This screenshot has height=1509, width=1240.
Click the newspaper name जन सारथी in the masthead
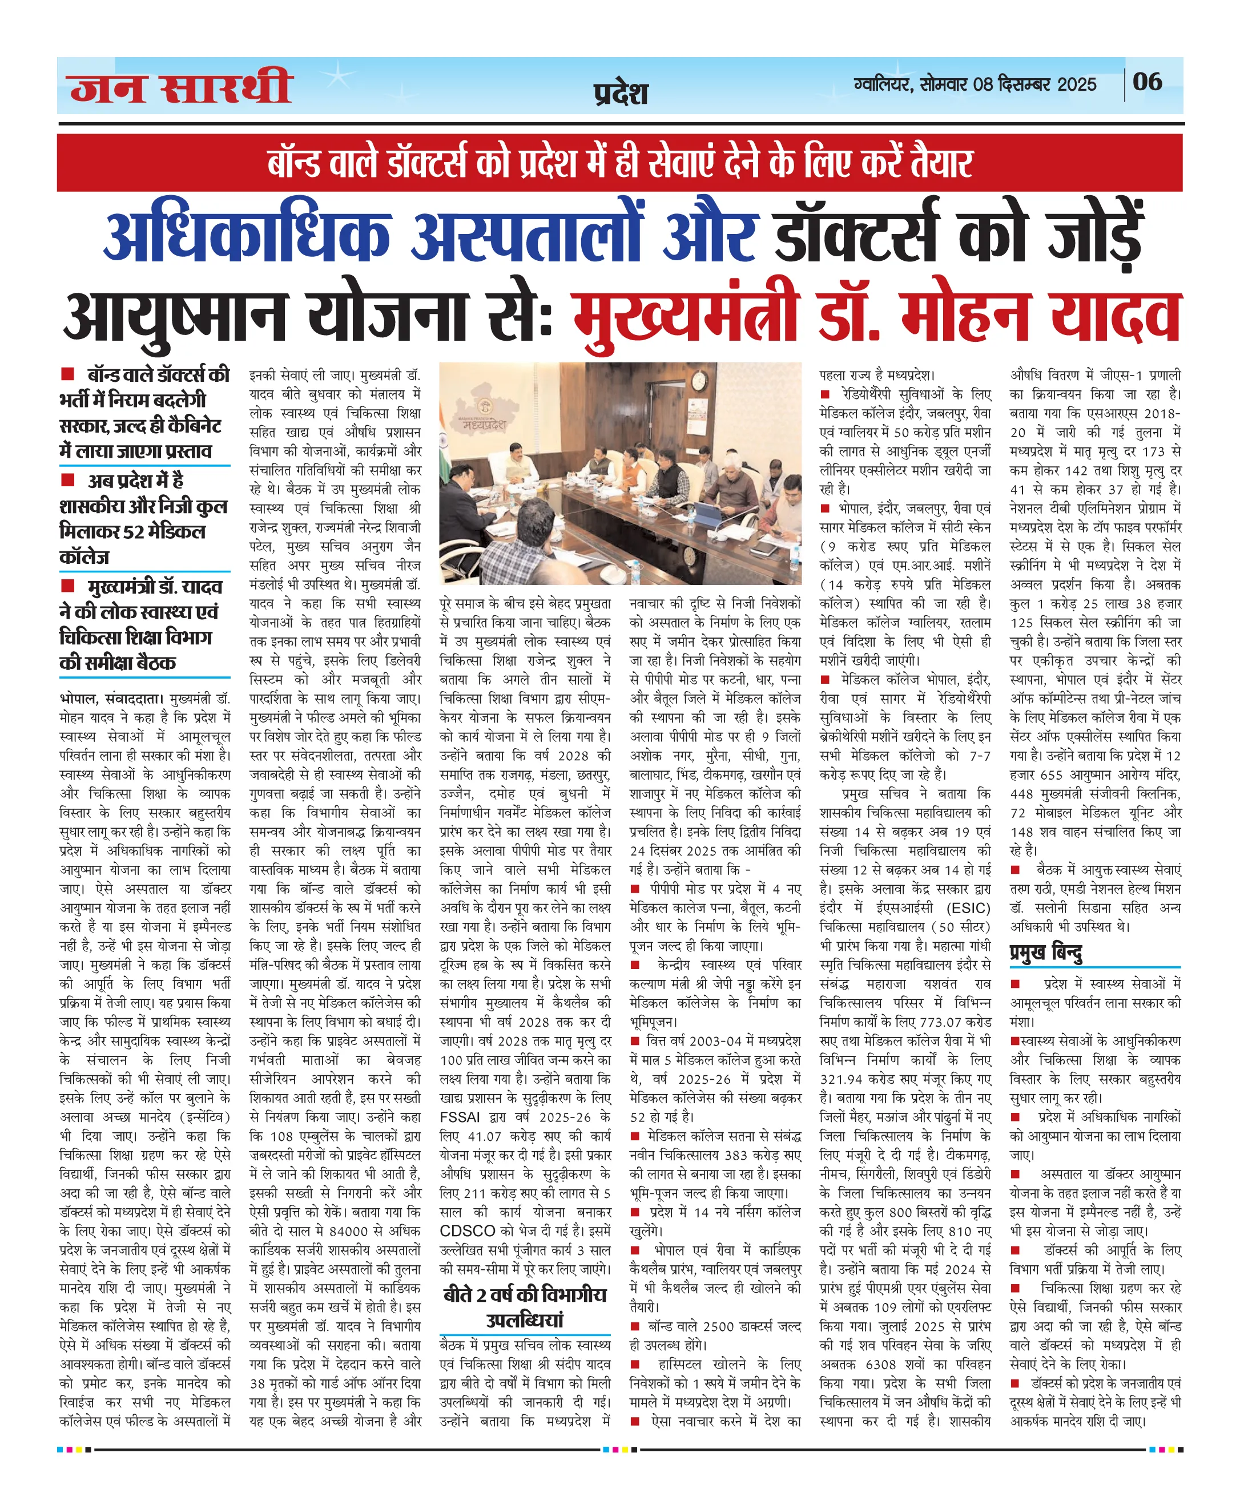[182, 87]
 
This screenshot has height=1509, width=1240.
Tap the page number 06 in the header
[1147, 82]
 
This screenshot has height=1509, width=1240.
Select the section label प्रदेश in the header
[621, 94]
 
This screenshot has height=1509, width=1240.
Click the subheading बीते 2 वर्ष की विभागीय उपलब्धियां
[525, 1307]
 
